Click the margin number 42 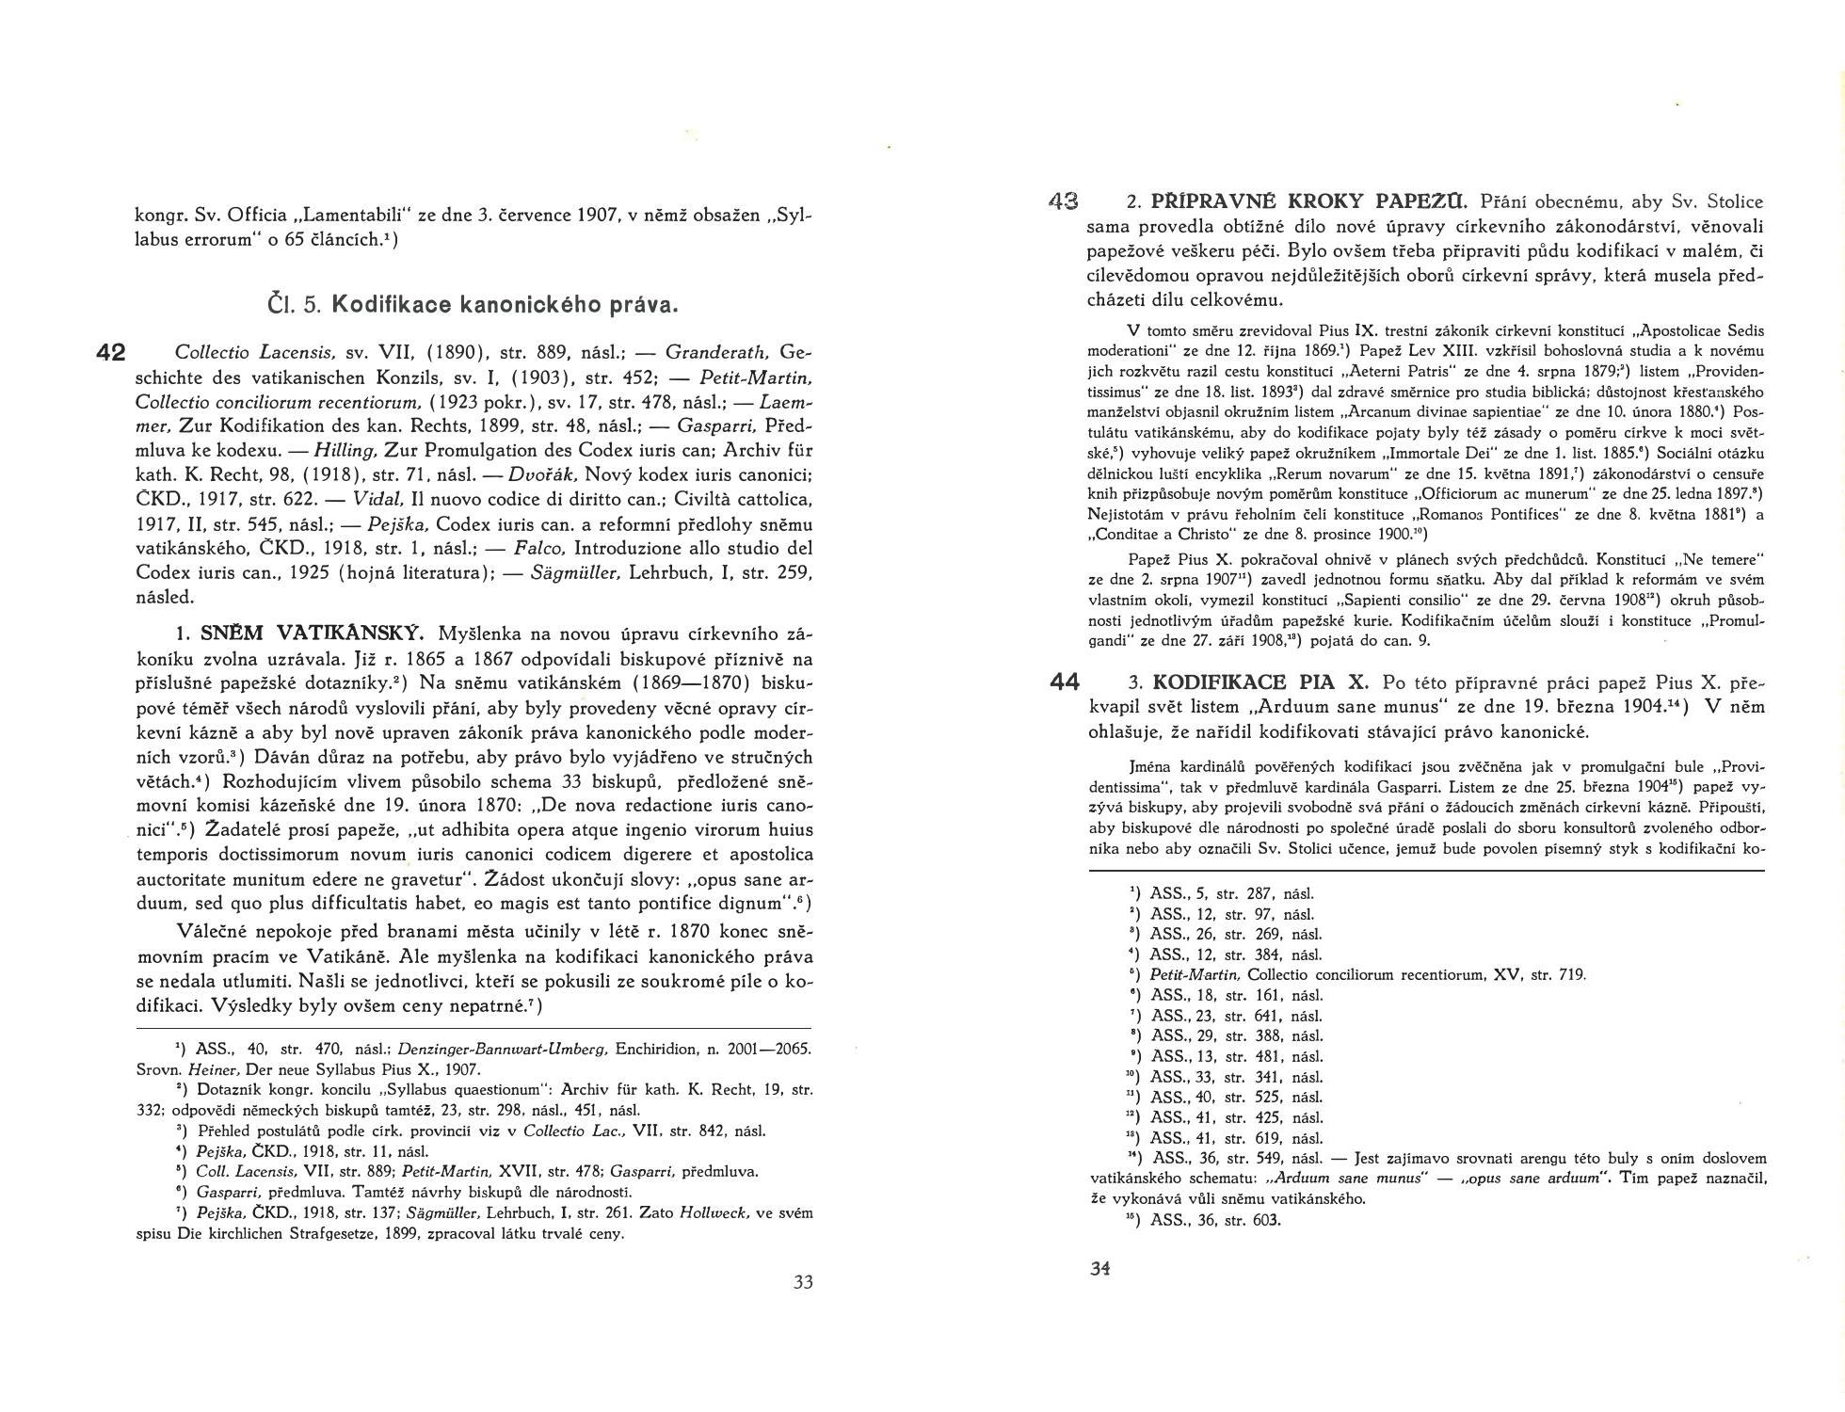point(111,353)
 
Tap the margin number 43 point(1063,201)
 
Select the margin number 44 point(1064,682)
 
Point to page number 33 point(803,1281)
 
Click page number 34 point(1100,1268)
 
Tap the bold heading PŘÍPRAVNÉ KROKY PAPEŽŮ point(1308,201)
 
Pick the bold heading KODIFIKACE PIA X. point(1261,682)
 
